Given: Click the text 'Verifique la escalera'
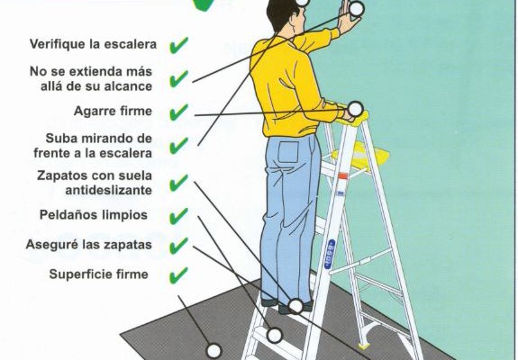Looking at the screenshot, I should (93, 44).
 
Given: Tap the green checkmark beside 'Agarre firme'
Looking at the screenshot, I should (178, 112).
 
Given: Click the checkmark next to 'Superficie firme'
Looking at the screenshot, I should (178, 274).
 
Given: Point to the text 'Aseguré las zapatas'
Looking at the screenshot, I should (95, 245).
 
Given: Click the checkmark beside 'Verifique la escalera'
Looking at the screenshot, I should (178, 44).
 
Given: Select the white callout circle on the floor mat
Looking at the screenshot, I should (214, 350).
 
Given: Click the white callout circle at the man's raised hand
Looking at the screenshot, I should (356, 9).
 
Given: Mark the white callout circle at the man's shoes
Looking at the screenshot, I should (295, 306).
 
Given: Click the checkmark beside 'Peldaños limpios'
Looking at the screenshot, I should (178, 216).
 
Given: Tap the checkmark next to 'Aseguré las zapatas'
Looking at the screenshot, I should (178, 245).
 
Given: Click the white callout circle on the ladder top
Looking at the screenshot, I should (355, 109).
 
